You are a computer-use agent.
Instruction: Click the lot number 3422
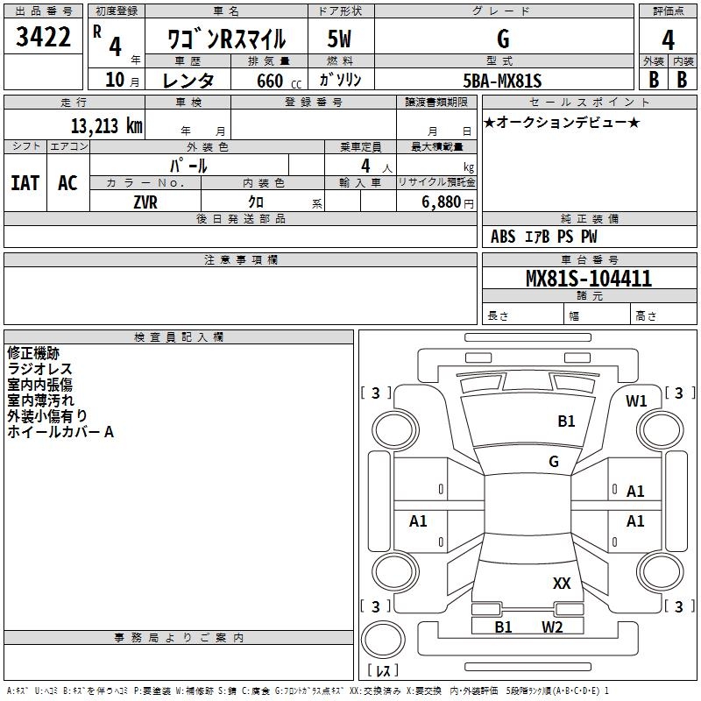pos(44,38)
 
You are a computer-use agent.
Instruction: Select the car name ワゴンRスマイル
pos(226,39)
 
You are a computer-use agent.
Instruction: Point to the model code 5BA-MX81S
pos(502,80)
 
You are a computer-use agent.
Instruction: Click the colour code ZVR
pos(145,202)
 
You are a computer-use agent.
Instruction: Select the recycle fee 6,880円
pos(446,202)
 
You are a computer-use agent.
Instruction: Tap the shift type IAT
pos(25,182)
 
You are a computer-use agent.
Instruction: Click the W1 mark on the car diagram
pos(636,401)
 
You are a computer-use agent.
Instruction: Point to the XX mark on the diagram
pos(562,584)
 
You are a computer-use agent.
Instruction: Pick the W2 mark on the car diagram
pos(552,627)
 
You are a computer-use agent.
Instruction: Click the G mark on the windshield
pos(554,461)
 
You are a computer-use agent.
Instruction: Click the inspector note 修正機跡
pos(33,353)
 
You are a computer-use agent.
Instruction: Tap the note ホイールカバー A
pos(60,432)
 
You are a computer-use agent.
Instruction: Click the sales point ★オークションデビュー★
pos(562,122)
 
